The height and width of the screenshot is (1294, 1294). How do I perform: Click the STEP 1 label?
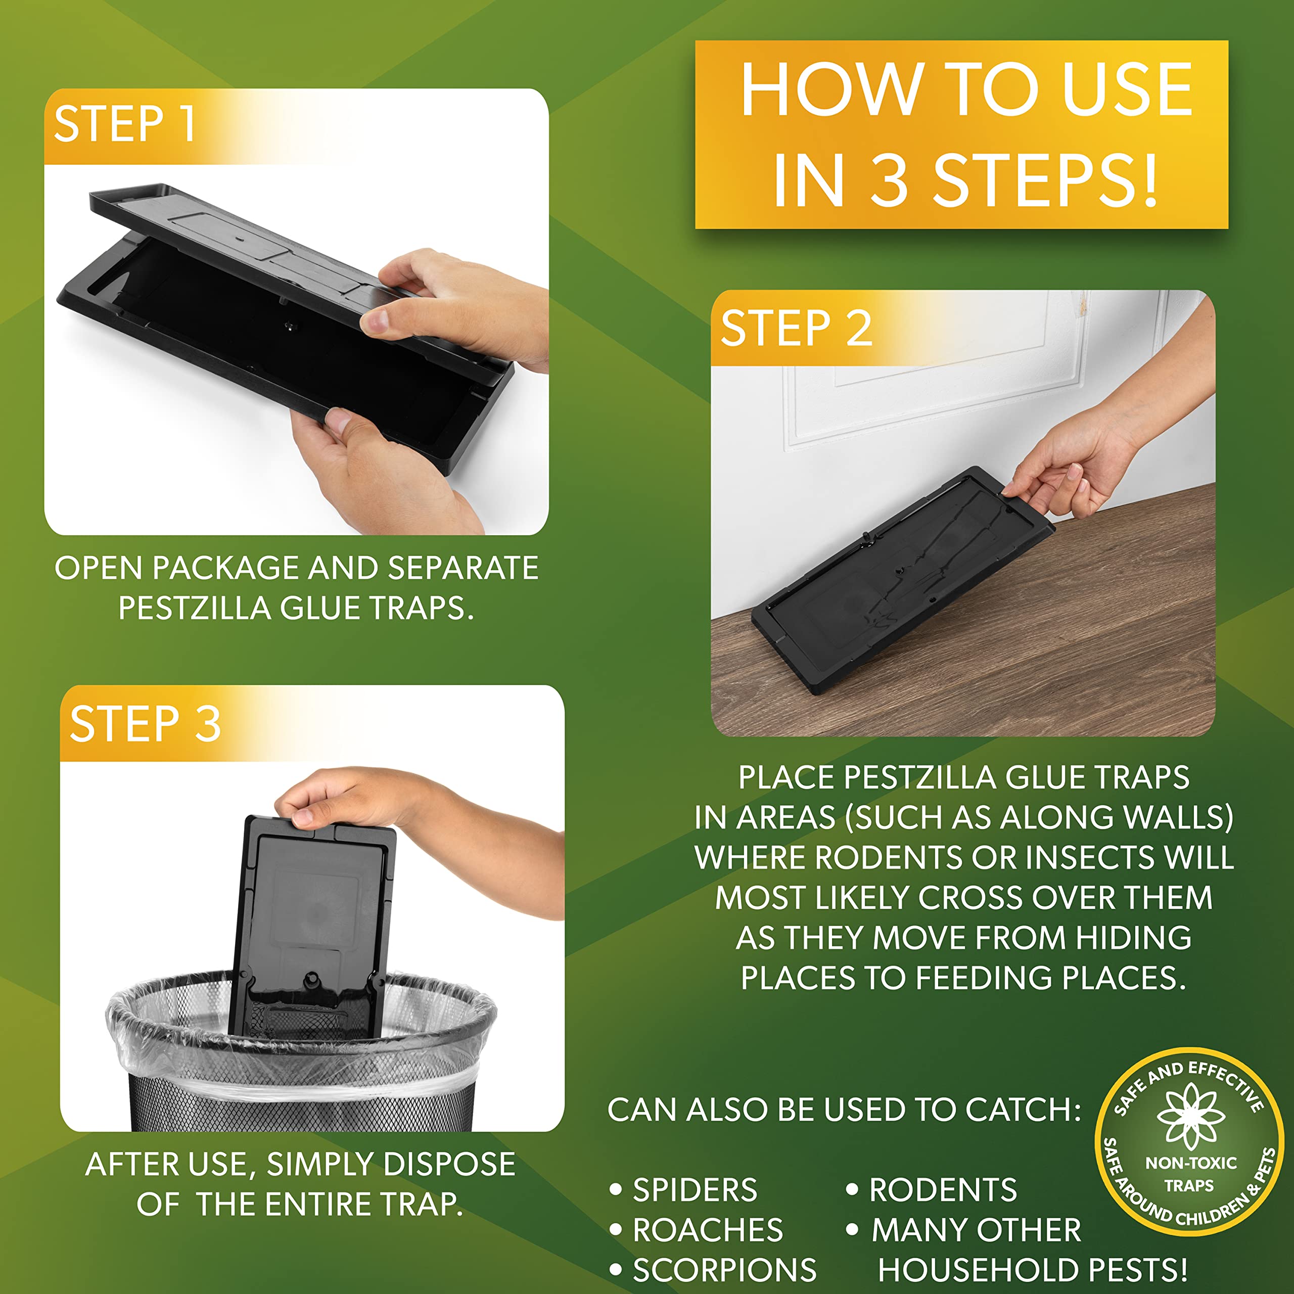click(125, 124)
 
